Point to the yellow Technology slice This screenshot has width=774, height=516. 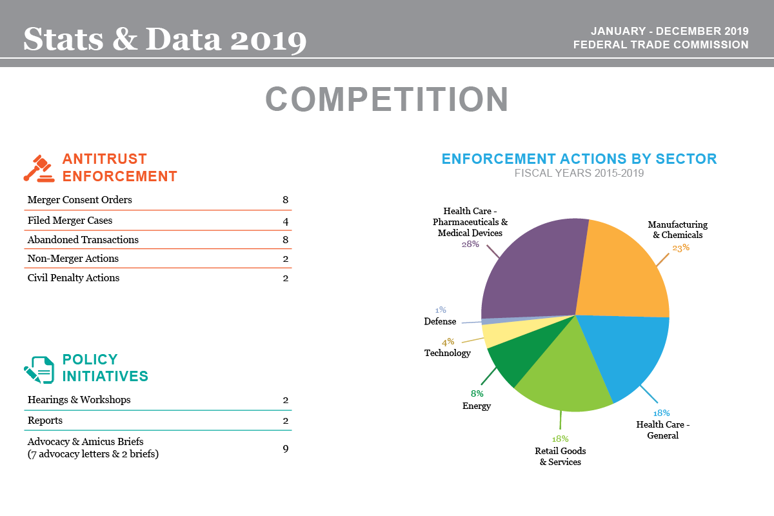(x=497, y=334)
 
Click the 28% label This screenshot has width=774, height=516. (x=470, y=244)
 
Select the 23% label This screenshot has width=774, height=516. (x=680, y=247)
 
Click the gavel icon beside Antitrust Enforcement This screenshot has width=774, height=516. (x=38, y=168)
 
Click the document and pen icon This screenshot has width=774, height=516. (x=39, y=368)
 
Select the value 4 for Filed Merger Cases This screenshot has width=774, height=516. (x=285, y=221)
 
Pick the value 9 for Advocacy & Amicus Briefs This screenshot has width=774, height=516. (x=285, y=448)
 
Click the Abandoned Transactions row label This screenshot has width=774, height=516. (x=83, y=239)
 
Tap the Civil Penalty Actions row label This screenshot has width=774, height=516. (x=73, y=278)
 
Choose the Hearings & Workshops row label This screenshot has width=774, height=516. (x=79, y=400)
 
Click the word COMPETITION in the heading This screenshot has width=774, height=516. (x=387, y=100)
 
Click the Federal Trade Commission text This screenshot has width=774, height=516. (x=660, y=45)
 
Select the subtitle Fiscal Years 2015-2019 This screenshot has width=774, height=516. (x=579, y=173)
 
